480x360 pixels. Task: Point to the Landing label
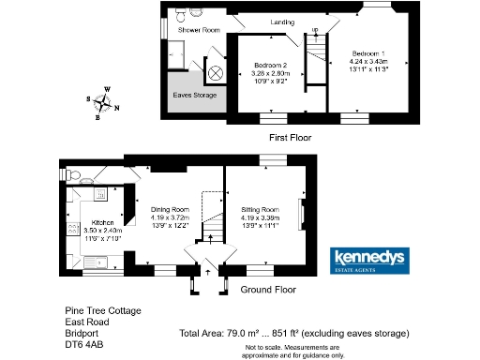click(x=282, y=22)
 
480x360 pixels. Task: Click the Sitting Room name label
click(x=259, y=209)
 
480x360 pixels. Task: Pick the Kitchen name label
click(x=102, y=220)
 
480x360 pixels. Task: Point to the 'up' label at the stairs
click(x=314, y=30)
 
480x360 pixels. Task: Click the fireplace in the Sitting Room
click(x=301, y=215)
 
